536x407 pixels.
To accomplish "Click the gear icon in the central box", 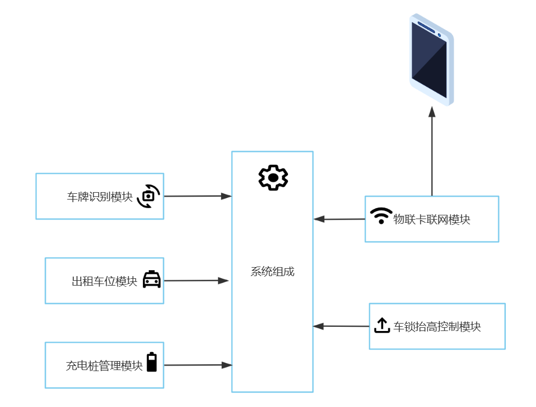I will coord(273,177).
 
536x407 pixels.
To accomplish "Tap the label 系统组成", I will coord(272,272).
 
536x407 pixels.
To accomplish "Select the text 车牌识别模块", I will coord(100,197).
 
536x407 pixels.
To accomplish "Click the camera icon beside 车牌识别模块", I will coord(148,196).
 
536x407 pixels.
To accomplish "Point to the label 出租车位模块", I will coord(104,281).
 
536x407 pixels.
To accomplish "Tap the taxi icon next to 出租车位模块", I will coord(152,279).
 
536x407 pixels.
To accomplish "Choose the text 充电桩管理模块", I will coord(104,365).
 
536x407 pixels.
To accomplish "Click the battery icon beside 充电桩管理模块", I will coord(152,362).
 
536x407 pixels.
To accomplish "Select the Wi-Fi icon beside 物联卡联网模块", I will coord(381,216).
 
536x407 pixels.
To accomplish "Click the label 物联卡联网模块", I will coord(432,220).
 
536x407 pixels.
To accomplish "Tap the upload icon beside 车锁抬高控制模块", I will coord(381,325).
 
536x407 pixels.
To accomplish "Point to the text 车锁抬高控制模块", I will coord(437,327).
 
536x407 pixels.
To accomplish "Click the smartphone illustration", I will coord(432,59).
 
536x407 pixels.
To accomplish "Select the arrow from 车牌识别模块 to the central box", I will coord(198,196).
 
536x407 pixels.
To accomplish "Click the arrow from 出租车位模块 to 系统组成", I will coord(196,281).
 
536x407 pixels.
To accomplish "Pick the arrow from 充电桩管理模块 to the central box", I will coord(198,365).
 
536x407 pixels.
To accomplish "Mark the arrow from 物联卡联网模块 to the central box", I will coord(339,219).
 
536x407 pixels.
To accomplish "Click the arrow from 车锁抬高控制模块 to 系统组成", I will coord(341,326).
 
